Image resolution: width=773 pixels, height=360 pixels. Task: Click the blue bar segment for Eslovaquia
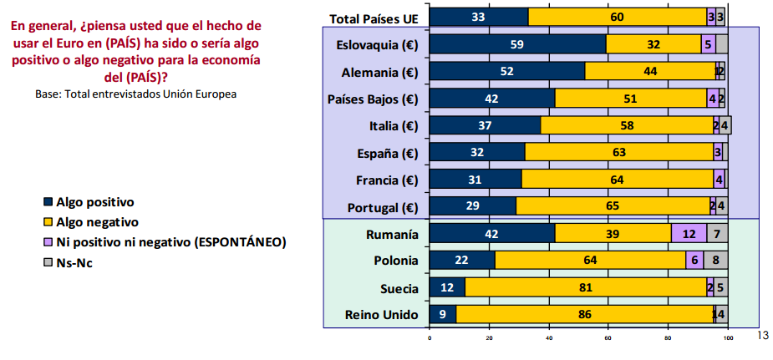click(x=517, y=44)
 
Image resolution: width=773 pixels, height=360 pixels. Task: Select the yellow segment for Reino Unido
click(x=584, y=314)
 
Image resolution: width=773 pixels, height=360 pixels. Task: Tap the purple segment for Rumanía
click(x=689, y=234)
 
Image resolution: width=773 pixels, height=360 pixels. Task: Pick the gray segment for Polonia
click(x=715, y=260)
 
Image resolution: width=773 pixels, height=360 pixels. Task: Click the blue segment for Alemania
click(x=506, y=72)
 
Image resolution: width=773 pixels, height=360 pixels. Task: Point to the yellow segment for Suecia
click(x=585, y=287)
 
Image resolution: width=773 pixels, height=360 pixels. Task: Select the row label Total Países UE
click(x=374, y=18)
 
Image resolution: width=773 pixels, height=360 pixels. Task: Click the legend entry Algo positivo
click(x=94, y=202)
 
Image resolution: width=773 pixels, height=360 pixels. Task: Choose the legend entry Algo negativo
click(x=97, y=222)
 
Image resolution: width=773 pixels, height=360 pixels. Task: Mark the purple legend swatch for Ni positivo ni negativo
click(x=48, y=242)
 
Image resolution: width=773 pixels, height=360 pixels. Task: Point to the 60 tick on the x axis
click(x=608, y=338)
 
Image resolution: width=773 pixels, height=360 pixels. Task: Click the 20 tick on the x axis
click(x=489, y=338)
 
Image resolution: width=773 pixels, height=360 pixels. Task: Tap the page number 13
click(x=760, y=335)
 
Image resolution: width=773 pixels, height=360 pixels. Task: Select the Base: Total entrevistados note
click(x=135, y=94)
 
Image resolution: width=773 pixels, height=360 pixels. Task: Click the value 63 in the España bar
click(x=618, y=153)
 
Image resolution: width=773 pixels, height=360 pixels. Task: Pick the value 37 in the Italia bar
click(x=485, y=126)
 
